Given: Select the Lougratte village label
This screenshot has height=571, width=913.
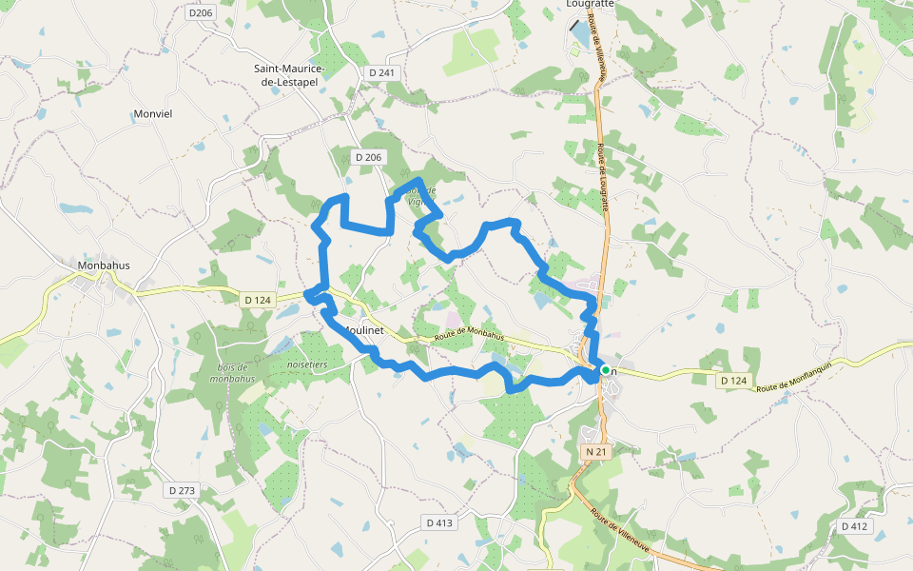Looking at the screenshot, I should (590, 4).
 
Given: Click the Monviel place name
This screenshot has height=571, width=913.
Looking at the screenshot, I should (153, 113).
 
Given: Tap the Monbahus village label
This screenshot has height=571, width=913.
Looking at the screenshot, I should (104, 266).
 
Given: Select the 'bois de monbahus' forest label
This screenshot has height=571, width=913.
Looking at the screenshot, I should (232, 374).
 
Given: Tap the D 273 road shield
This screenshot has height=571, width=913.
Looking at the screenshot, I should (181, 490).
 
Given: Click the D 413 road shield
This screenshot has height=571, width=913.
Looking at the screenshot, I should (439, 522).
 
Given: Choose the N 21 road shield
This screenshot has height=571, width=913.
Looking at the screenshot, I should (595, 450).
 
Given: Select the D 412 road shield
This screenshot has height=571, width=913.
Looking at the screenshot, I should (855, 526).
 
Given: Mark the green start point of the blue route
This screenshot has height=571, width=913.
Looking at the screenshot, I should (605, 369).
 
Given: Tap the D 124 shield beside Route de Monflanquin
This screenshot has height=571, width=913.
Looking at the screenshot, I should (733, 381).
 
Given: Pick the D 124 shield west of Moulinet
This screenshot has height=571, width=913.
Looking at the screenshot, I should (258, 300).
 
